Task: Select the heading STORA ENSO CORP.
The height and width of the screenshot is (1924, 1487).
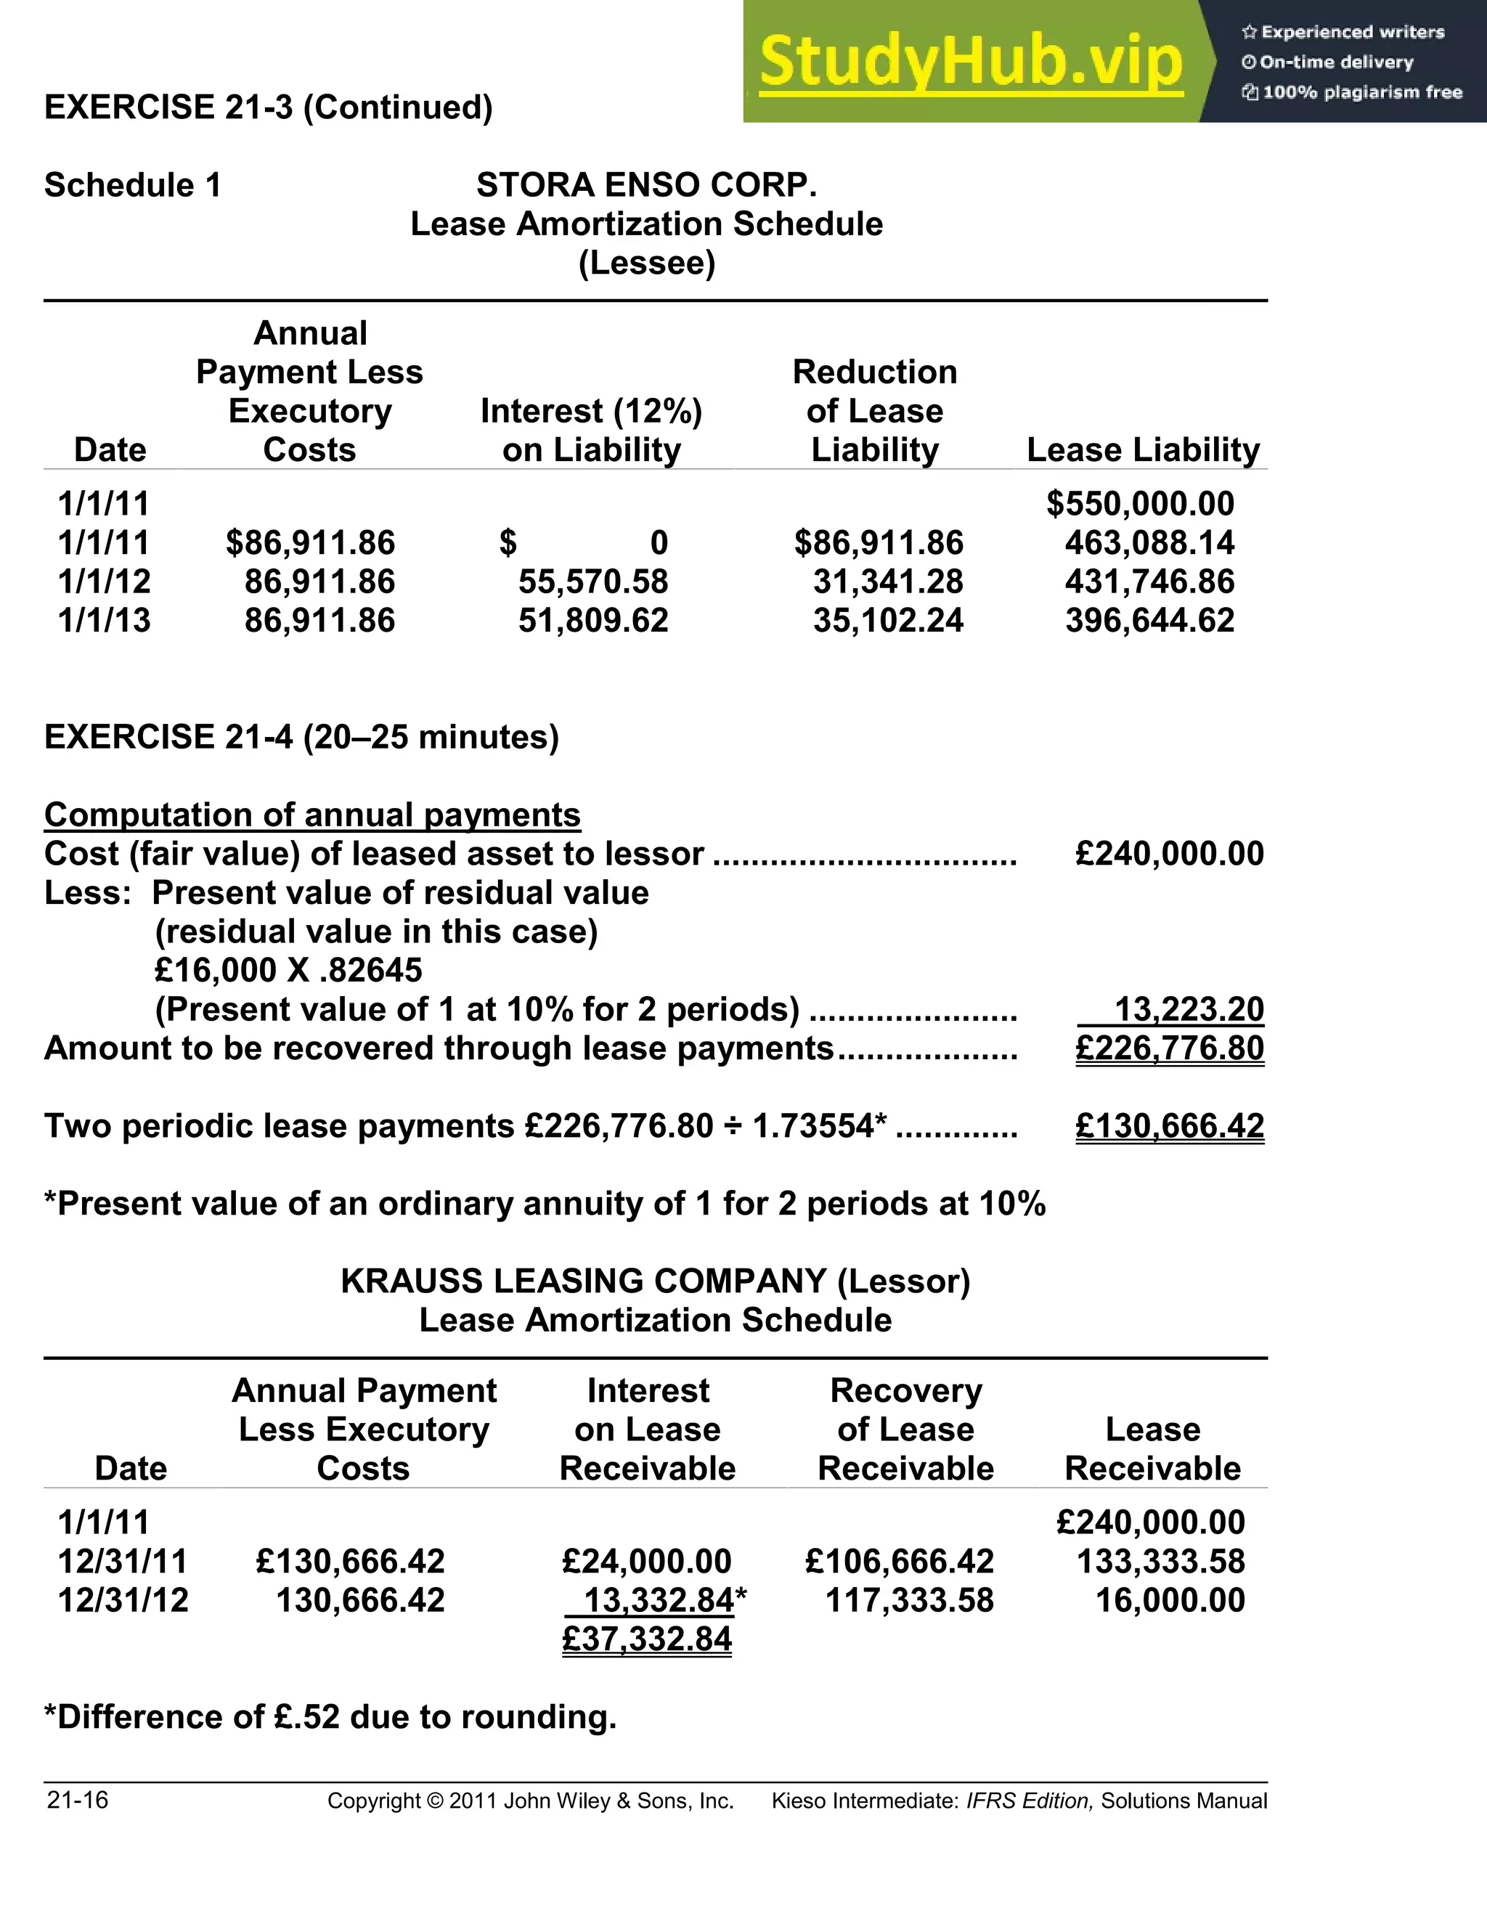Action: pos(647,185)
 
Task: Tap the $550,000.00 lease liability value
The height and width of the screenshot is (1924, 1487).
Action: pos(1140,504)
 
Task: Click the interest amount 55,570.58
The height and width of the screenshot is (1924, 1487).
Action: pos(593,582)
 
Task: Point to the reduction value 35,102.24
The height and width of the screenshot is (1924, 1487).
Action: pos(888,620)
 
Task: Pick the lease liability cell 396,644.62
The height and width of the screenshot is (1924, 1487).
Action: pos(1149,620)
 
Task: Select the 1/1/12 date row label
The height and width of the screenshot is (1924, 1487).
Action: pos(104,582)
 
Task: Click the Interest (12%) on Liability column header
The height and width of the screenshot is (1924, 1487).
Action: pos(591,430)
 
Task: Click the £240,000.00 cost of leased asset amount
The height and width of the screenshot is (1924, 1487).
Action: pos(1169,854)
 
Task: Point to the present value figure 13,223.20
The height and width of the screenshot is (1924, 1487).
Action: pos(1189,1008)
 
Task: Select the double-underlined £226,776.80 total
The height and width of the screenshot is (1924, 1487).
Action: pos(1169,1048)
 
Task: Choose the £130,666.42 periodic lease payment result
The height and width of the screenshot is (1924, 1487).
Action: pos(1169,1126)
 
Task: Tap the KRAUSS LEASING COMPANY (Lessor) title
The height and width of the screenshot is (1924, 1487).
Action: pos(656,1281)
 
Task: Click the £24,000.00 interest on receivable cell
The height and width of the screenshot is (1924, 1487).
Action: pos(647,1561)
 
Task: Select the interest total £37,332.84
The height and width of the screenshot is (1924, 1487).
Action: pos(647,1639)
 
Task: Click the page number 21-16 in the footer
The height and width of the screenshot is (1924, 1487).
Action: pos(78,1800)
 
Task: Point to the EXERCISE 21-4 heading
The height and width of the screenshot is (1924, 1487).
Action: pos(301,736)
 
